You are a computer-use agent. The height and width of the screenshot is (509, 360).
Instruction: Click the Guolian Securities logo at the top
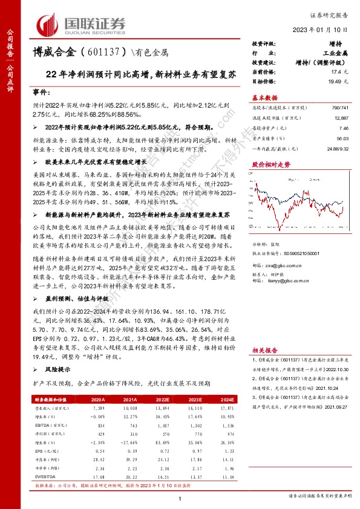pos(82,24)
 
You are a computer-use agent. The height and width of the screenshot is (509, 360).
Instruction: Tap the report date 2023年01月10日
pos(326,29)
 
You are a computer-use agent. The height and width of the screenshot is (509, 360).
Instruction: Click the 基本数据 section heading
pos(264,97)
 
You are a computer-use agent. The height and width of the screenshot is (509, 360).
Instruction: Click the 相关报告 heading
pos(264,350)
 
